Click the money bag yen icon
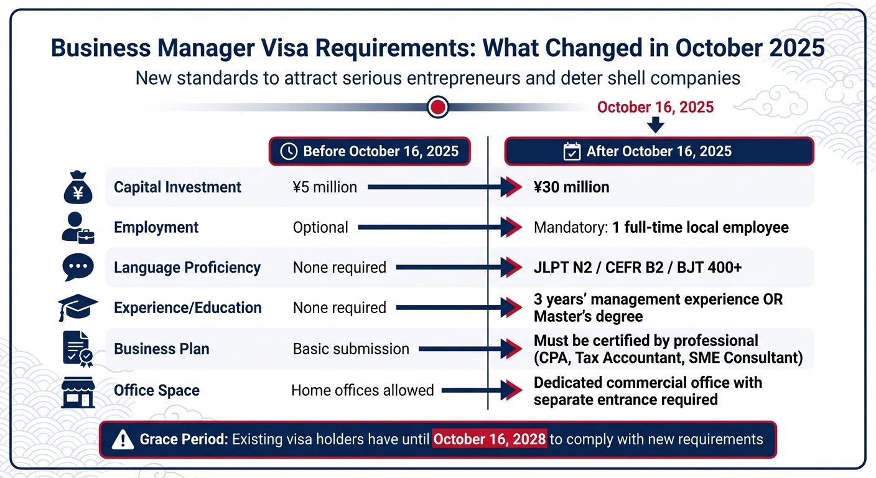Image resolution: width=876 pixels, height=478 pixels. (x=78, y=187)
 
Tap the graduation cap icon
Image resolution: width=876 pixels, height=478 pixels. (x=78, y=307)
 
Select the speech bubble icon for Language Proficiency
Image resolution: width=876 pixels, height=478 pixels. (x=78, y=268)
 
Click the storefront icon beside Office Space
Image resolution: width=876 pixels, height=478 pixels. (x=78, y=391)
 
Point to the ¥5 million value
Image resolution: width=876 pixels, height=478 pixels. (x=325, y=187)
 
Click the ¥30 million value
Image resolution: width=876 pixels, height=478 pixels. (x=571, y=187)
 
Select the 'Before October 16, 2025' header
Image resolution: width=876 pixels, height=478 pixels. (x=370, y=151)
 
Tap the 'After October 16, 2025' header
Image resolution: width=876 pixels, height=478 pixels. (x=659, y=151)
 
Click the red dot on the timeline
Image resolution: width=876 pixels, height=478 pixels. (x=438, y=107)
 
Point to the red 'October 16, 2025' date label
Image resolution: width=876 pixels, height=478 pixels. (x=655, y=107)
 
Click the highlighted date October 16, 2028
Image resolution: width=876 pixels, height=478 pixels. (x=490, y=439)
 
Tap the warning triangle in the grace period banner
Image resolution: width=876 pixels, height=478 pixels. (x=123, y=440)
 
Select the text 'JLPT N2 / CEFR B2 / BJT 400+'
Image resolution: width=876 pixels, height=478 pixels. (x=637, y=268)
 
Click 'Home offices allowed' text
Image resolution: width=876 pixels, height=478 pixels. (x=362, y=391)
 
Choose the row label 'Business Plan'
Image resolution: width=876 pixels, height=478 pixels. (x=161, y=349)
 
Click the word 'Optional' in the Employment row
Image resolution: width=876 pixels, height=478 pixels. (x=320, y=228)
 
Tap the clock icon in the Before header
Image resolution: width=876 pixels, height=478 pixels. (x=289, y=151)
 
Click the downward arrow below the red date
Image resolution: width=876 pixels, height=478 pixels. (x=656, y=126)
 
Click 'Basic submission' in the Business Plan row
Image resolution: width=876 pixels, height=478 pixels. (x=351, y=349)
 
